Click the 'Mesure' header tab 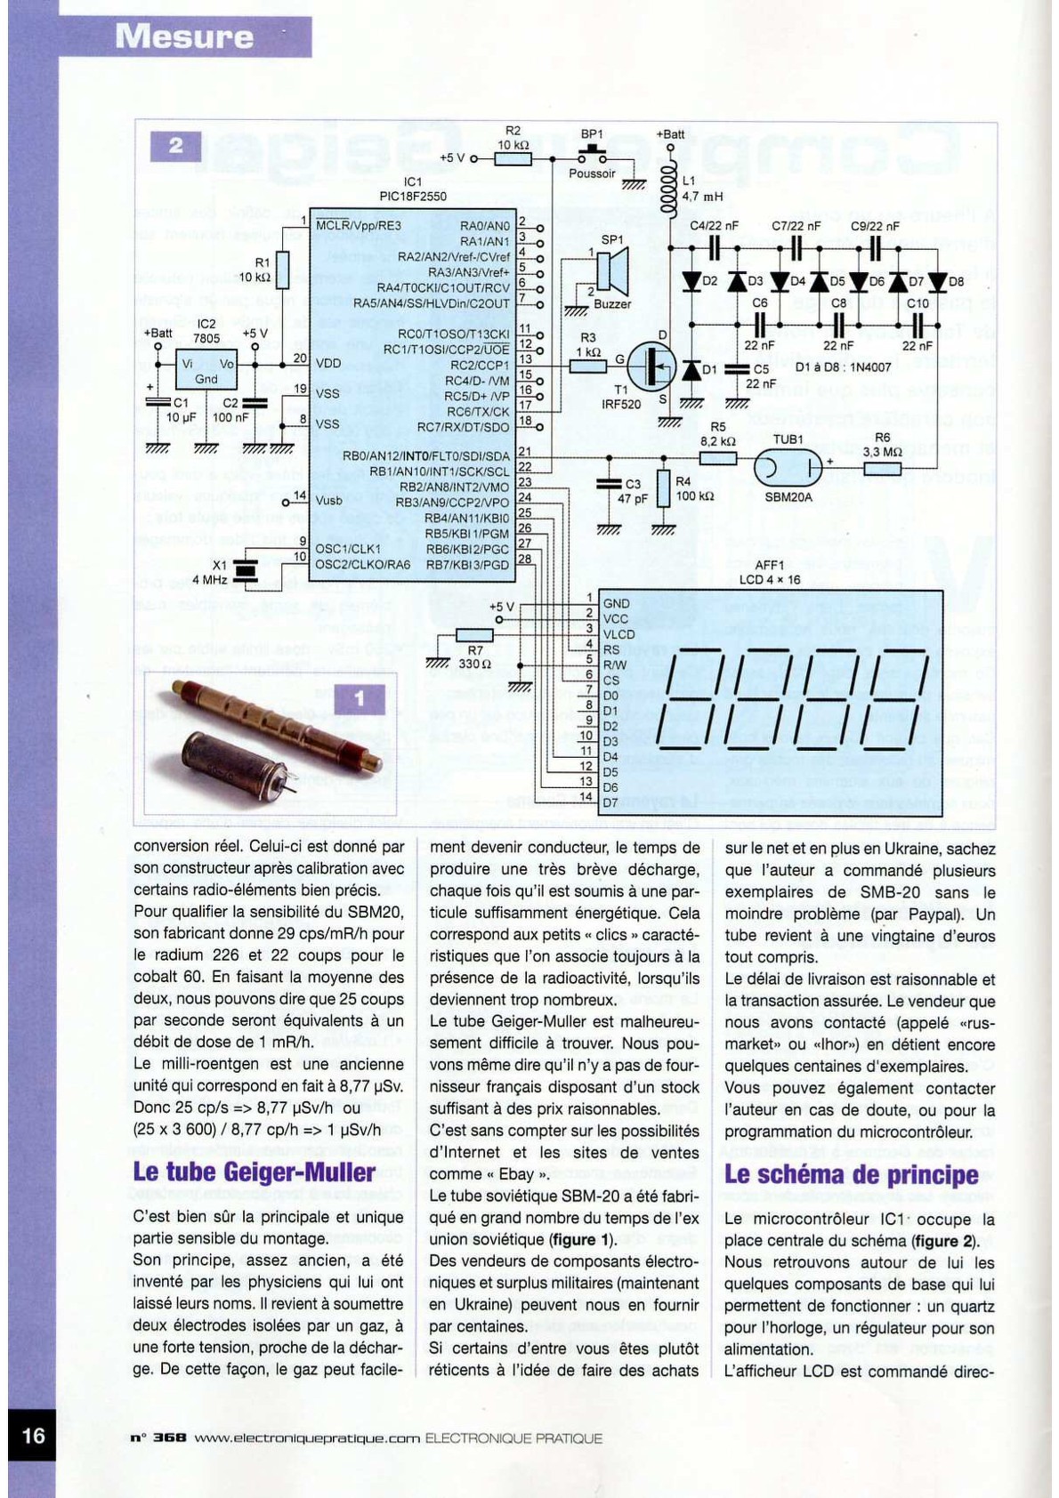(184, 36)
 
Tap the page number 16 (33, 1435)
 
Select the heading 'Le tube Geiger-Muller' (254, 1172)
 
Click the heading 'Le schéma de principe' (851, 1174)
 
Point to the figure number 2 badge (175, 146)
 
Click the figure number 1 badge (360, 699)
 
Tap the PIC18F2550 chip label (413, 196)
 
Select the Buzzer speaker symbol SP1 (612, 270)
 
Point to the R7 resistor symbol (474, 635)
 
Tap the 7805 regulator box (206, 370)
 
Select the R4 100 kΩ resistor (663, 488)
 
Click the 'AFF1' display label (769, 565)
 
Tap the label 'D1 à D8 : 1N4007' (843, 367)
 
